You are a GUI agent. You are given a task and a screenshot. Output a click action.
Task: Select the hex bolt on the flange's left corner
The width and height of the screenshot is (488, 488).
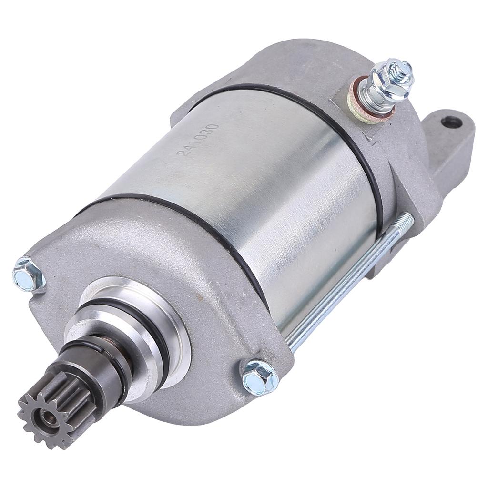pos(28,274)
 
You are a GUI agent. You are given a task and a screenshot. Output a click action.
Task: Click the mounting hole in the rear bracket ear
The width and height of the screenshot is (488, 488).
pos(451,122)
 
